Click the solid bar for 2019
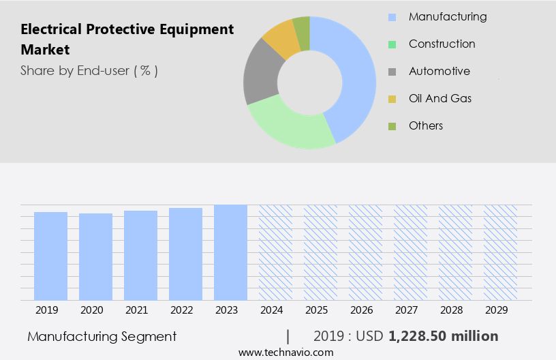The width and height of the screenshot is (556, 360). point(51,256)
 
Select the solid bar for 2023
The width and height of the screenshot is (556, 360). point(230,252)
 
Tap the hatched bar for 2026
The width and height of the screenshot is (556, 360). point(365,252)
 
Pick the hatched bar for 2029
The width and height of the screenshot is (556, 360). point(500,252)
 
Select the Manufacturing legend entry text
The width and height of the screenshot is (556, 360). point(448,16)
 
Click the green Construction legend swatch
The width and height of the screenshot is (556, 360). point(392,44)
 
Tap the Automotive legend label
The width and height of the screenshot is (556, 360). point(439,71)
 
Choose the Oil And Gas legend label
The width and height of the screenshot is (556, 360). point(440,98)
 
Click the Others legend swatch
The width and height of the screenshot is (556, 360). point(392,126)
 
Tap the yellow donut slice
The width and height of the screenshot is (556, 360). point(280,39)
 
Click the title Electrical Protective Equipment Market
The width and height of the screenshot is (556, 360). point(127,39)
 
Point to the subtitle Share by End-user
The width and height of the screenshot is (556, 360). point(89,70)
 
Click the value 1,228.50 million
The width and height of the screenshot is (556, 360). point(443,336)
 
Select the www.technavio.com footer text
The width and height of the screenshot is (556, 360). point(286,352)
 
